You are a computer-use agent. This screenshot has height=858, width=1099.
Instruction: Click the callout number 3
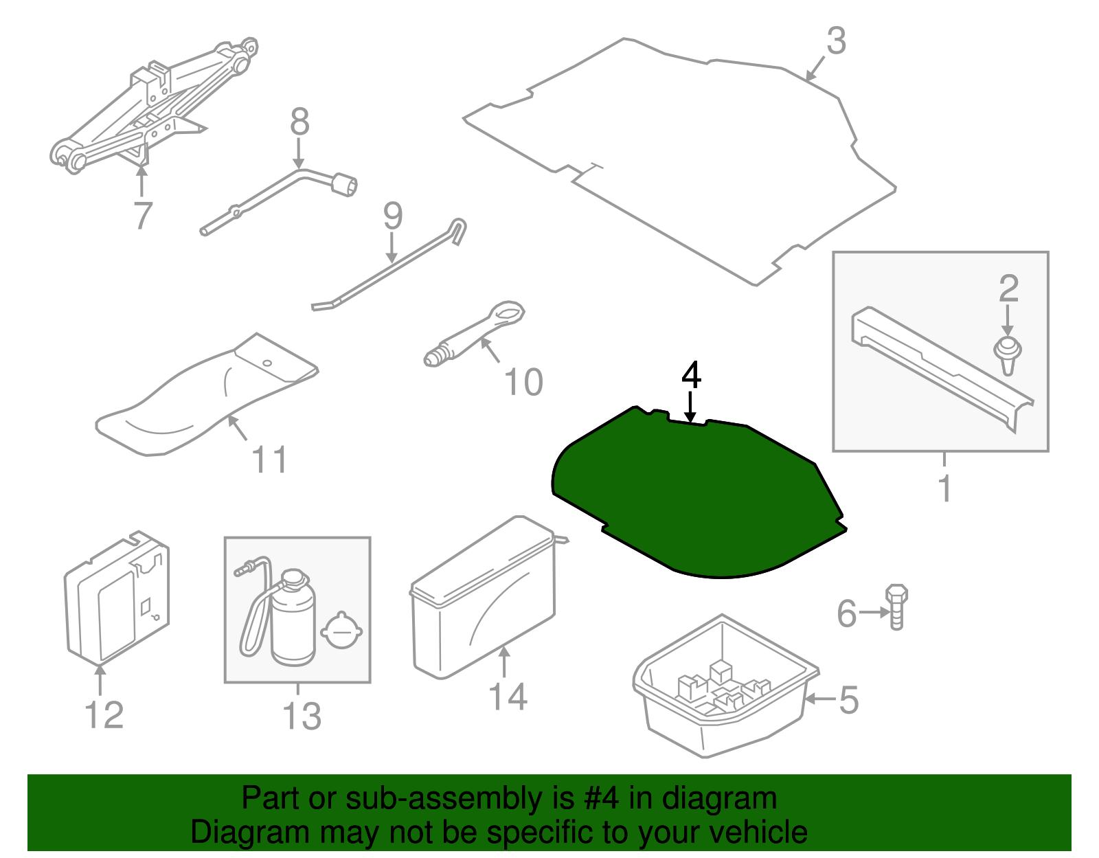point(836,41)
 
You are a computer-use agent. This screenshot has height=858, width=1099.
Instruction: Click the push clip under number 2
point(1008,354)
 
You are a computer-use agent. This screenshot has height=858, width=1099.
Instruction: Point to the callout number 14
point(508,697)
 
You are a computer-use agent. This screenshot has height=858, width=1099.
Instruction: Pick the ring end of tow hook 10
point(507,313)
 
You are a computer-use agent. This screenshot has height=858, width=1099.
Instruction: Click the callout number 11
point(269,460)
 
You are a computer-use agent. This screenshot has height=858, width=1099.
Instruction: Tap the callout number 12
point(104,715)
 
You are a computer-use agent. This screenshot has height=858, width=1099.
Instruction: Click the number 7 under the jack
point(142,214)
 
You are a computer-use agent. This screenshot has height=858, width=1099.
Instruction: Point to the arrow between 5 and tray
point(820,699)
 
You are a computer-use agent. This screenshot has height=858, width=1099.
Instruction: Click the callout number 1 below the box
point(945,488)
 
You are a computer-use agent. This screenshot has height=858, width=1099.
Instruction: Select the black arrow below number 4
point(690,407)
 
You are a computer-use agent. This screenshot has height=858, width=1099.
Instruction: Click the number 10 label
point(523,383)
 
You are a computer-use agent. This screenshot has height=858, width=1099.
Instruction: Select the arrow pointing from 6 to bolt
point(874,612)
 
